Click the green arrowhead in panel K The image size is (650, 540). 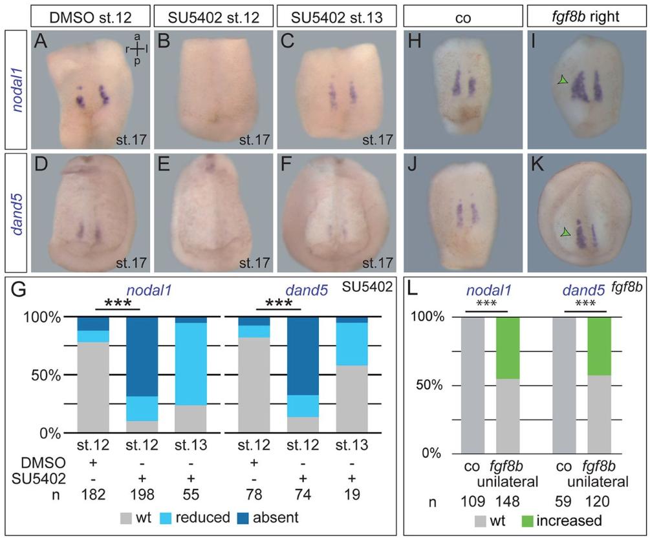(x=565, y=231)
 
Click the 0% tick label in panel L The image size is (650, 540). (x=443, y=453)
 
